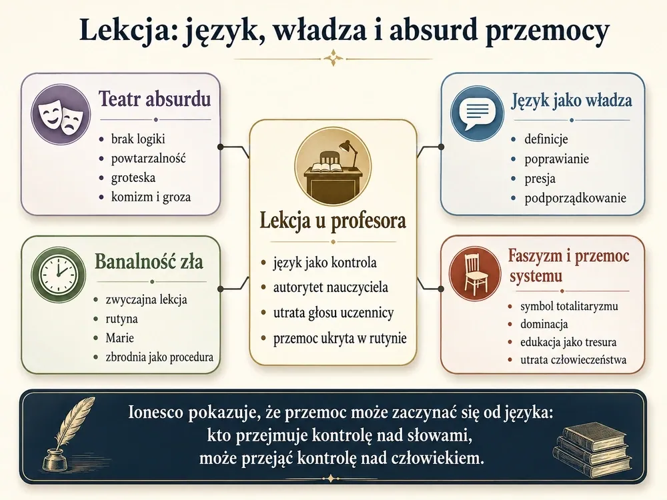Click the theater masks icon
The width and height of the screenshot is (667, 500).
click(61, 114)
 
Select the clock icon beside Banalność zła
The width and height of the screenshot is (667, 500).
click(59, 274)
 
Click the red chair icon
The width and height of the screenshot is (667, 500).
click(476, 273)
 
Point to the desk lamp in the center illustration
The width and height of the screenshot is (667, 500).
click(349, 155)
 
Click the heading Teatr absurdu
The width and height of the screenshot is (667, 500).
click(155, 99)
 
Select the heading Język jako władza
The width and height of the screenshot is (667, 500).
click(572, 101)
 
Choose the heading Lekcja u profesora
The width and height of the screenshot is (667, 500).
click(333, 221)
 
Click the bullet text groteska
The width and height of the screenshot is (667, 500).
click(133, 178)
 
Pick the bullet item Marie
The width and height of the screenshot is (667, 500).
click(119, 338)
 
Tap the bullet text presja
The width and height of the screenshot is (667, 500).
click(540, 179)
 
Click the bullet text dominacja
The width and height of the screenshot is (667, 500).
click(544, 325)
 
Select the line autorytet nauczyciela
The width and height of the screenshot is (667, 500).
click(331, 287)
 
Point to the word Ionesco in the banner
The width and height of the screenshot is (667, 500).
click(155, 413)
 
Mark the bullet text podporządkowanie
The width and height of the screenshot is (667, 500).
click(575, 198)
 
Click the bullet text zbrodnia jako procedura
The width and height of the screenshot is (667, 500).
click(159, 357)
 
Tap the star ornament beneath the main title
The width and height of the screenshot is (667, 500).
click(333, 58)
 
